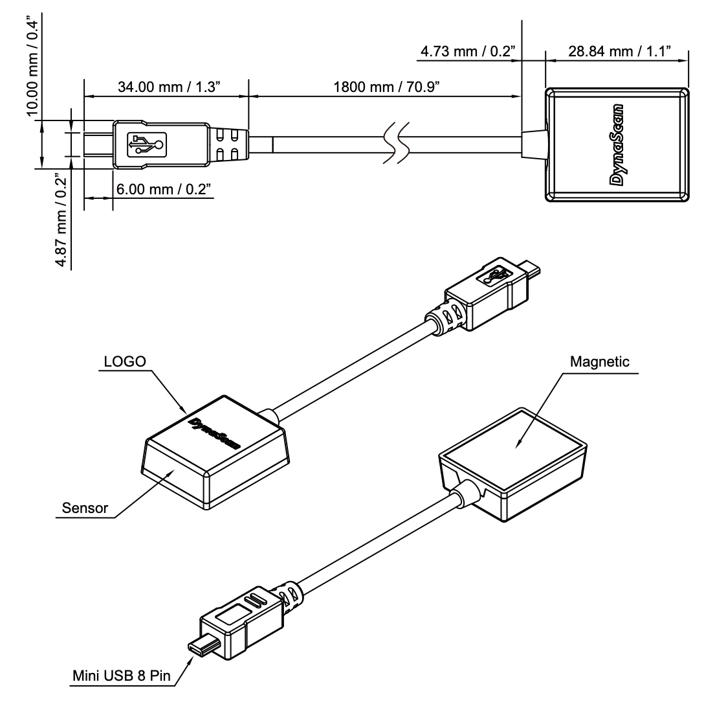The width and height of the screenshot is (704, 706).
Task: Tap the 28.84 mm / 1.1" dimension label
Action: tap(618, 51)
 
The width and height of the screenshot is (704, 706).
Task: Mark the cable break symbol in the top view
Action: tap(396, 144)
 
